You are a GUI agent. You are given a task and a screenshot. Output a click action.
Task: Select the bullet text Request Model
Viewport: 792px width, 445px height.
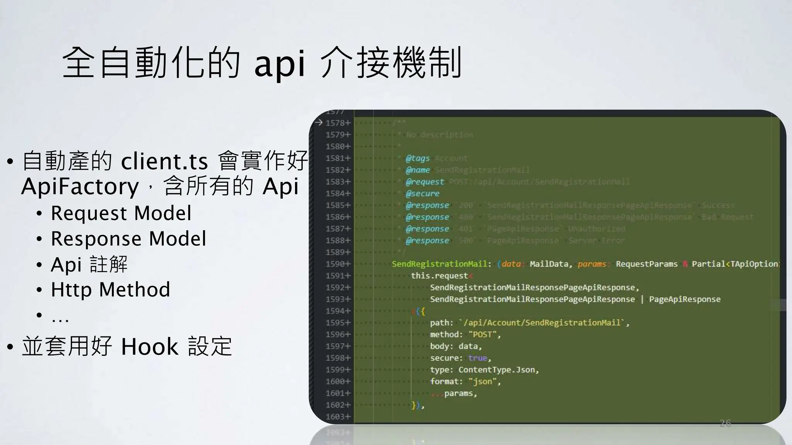[121, 213]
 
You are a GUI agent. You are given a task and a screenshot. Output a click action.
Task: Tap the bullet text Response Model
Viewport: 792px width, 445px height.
[128, 239]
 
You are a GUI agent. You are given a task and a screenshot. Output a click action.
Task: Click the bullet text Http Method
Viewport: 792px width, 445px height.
[111, 290]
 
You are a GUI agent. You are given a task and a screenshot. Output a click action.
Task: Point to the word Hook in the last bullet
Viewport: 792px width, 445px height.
[150, 346]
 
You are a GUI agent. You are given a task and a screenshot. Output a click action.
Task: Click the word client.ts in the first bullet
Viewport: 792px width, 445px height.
[164, 161]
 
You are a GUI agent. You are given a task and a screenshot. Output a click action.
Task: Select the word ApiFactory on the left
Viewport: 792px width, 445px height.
[80, 187]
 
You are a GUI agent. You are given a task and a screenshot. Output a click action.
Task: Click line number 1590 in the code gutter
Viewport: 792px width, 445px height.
[335, 264]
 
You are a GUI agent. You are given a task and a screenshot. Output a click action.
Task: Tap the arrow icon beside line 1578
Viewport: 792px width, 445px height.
[319, 123]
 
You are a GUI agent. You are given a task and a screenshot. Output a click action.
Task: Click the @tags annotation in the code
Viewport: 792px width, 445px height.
[418, 158]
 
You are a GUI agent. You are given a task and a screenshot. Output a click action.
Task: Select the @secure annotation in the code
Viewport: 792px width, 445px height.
[422, 194]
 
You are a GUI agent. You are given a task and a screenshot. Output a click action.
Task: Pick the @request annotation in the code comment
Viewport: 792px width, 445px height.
[425, 182]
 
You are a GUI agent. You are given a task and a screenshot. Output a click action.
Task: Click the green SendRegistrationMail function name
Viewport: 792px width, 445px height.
[439, 264]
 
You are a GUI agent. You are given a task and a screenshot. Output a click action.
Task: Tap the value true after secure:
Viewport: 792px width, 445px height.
[477, 358]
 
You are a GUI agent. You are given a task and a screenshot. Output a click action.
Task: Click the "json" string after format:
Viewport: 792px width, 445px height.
[483, 382]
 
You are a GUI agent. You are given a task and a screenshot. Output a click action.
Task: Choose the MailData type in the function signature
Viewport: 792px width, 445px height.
[549, 264]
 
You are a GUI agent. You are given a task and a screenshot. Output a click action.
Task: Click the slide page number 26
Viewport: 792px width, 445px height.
[725, 423]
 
